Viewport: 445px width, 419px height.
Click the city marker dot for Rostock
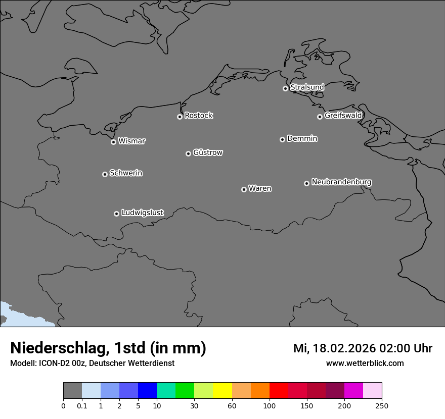pyautogui.click(x=180, y=117)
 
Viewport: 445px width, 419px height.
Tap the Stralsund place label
pyautogui.click(x=307, y=87)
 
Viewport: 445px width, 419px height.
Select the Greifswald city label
pyautogui.click(x=343, y=116)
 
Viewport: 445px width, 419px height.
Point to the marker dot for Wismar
pyautogui.click(x=113, y=142)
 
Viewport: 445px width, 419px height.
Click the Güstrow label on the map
pyautogui.click(x=207, y=152)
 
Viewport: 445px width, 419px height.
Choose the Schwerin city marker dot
pyautogui.click(x=105, y=174)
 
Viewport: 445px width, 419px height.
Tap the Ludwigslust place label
pyautogui.click(x=142, y=213)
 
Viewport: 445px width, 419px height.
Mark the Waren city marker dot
pyautogui.click(x=244, y=189)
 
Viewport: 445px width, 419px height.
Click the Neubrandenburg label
pyautogui.click(x=341, y=182)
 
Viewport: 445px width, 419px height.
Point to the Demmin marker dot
pyautogui.click(x=282, y=139)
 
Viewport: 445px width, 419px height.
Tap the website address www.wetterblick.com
pyautogui.click(x=365, y=363)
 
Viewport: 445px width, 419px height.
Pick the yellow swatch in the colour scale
pyautogui.click(x=223, y=390)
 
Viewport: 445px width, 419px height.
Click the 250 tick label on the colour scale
pyautogui.click(x=382, y=405)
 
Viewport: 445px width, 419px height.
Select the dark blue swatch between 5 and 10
pyautogui.click(x=147, y=390)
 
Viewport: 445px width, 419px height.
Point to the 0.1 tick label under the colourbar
pyautogui.click(x=82, y=405)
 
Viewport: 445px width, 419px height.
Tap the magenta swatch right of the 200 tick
pyautogui.click(x=353, y=390)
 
